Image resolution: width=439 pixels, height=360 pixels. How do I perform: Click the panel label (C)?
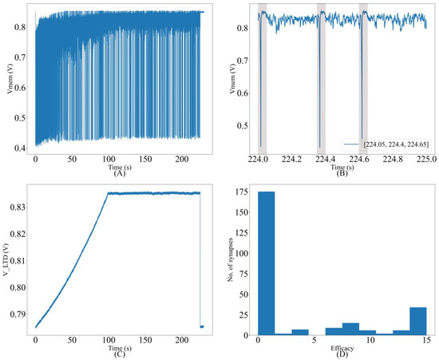[120, 355]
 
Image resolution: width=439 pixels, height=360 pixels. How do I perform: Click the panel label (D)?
[342, 355]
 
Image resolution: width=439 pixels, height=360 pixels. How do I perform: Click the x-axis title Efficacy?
[342, 347]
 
